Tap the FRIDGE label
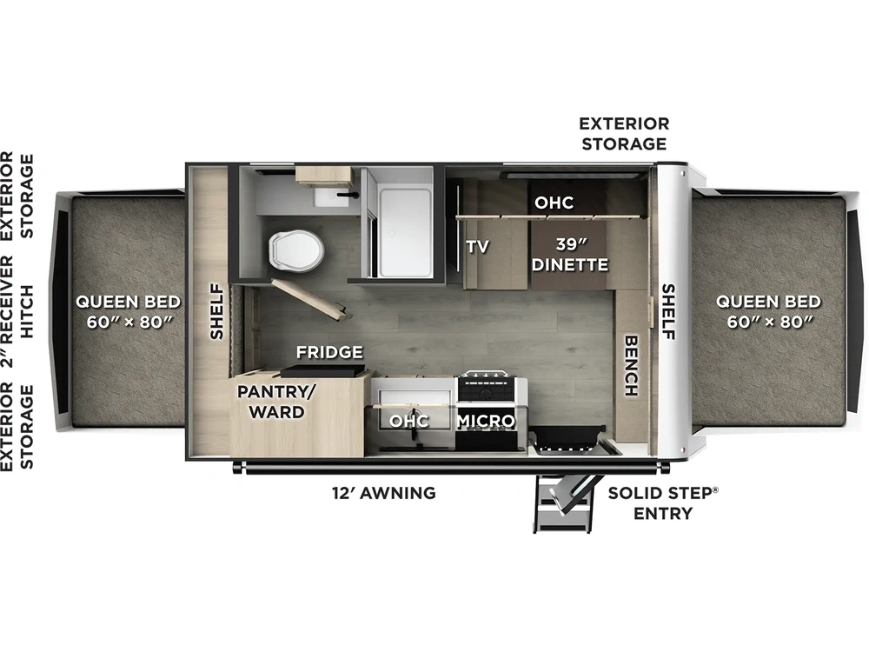click(x=328, y=352)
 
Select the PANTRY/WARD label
click(x=271, y=402)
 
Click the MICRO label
click(x=487, y=421)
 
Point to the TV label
click(x=477, y=246)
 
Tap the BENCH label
click(x=631, y=365)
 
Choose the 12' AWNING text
click(x=383, y=493)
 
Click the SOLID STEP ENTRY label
click(x=663, y=502)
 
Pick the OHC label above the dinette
click(x=554, y=203)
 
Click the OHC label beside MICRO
click(x=408, y=421)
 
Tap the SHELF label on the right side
click(x=669, y=311)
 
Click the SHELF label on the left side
click(x=216, y=311)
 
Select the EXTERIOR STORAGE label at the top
click(x=624, y=133)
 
